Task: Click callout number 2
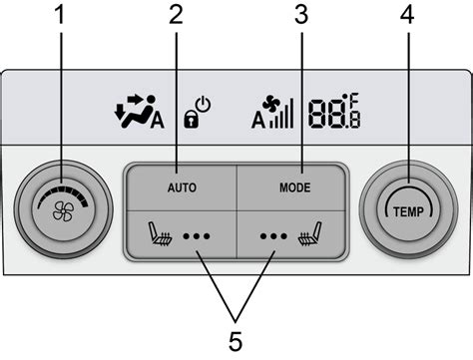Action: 177,16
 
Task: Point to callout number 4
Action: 406,16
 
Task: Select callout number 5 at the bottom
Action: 236,341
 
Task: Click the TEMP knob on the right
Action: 406,211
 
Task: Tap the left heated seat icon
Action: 160,239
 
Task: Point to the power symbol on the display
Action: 204,103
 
